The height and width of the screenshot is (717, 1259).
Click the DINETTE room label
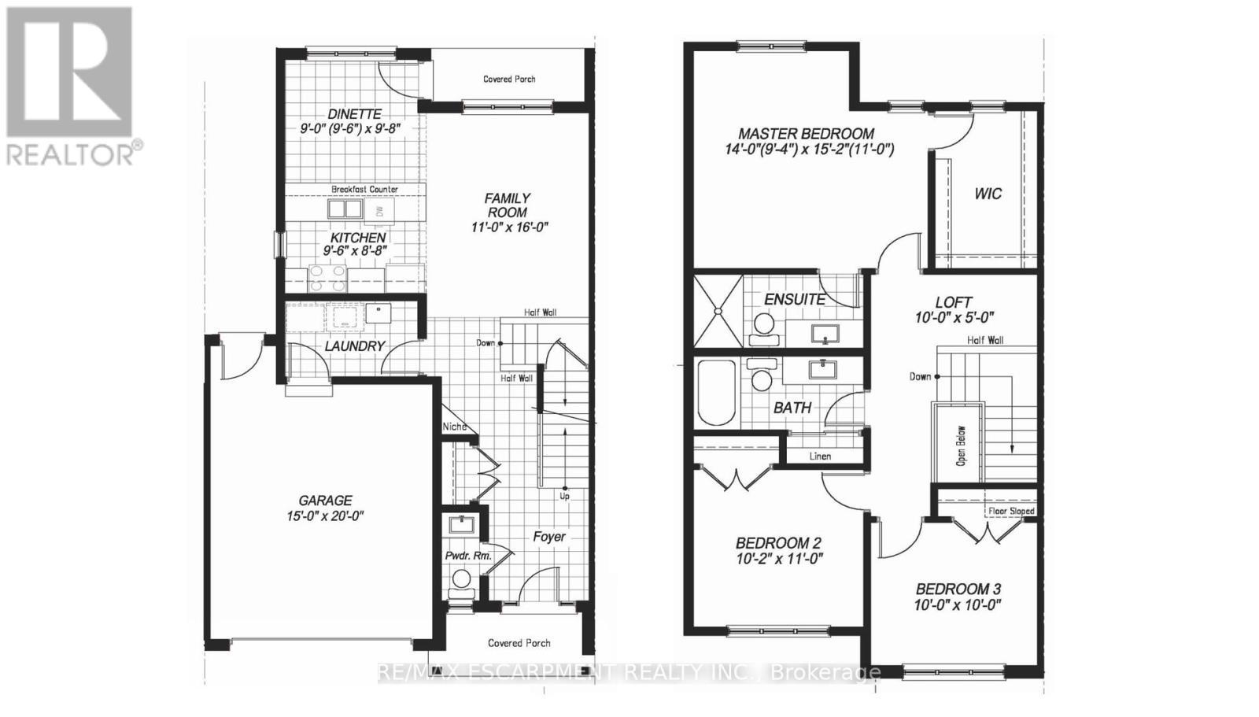[x=354, y=114]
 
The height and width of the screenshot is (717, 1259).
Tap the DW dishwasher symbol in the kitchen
[x=379, y=211]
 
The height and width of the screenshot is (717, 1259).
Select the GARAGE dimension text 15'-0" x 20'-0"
[x=325, y=516]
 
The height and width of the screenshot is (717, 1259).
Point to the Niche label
[x=454, y=427]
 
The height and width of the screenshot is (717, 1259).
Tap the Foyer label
[x=548, y=537]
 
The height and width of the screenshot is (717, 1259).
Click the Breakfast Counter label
[x=364, y=189]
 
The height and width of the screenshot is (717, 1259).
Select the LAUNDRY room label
[x=354, y=346]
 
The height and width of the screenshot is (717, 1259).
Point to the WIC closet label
[x=988, y=194]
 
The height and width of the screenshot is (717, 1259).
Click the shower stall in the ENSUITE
[x=718, y=310]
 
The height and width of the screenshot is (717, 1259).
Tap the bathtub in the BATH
[x=716, y=392]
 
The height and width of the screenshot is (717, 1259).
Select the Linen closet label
[x=820, y=456]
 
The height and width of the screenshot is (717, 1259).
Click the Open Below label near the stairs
[x=961, y=445]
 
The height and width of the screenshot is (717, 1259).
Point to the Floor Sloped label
[x=1011, y=511]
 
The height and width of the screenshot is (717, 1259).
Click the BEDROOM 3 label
[x=958, y=589]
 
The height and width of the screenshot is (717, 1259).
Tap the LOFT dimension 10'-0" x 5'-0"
[x=954, y=318]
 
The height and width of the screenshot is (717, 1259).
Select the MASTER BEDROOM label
[x=806, y=134]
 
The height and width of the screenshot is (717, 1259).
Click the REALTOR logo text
[x=75, y=153]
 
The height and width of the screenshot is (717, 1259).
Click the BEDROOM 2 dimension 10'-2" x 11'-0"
[x=778, y=559]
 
